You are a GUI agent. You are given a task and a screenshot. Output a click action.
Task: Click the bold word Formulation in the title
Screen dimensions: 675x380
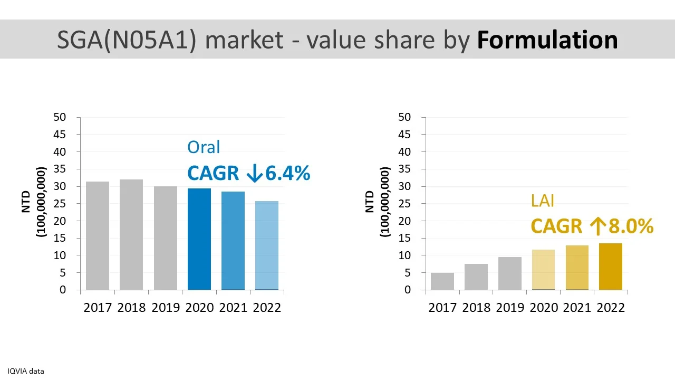(547, 40)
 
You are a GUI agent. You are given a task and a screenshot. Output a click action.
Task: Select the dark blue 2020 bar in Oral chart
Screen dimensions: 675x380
(199, 239)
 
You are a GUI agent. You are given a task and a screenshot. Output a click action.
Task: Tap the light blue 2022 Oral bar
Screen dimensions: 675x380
(267, 245)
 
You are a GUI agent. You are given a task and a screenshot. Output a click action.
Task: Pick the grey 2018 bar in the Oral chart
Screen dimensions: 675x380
(131, 235)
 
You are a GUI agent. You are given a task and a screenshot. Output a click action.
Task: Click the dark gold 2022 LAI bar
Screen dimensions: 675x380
(611, 267)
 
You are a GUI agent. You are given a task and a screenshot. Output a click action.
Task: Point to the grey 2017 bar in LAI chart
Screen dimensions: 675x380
(442, 281)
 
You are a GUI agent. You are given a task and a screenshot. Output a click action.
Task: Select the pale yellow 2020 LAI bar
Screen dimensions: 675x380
(543, 270)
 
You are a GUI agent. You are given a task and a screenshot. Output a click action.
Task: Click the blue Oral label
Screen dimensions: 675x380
(204, 147)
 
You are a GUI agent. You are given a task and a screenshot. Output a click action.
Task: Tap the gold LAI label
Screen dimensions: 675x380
(543, 201)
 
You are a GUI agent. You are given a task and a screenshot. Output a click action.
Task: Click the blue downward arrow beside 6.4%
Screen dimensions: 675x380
(254, 174)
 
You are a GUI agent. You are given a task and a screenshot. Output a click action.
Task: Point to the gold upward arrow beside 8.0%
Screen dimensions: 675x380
(597, 226)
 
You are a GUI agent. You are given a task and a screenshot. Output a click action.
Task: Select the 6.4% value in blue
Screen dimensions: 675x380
(287, 173)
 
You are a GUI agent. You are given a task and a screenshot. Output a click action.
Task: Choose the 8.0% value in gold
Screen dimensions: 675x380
(631, 226)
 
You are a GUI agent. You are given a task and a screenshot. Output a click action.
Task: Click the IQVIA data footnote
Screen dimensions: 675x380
(26, 371)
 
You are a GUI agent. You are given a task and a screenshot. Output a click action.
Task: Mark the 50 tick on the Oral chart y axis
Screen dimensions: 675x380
(60, 117)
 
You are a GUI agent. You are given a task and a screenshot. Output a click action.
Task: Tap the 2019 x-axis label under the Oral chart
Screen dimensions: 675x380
(166, 308)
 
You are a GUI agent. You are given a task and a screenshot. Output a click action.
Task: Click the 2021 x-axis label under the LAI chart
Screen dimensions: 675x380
(577, 308)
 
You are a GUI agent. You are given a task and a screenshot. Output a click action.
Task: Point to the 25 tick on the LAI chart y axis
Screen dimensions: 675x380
(404, 204)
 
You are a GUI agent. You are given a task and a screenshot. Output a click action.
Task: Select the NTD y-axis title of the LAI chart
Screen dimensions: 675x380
(369, 202)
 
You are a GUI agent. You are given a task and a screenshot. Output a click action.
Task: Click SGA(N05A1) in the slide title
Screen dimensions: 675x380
(127, 40)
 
